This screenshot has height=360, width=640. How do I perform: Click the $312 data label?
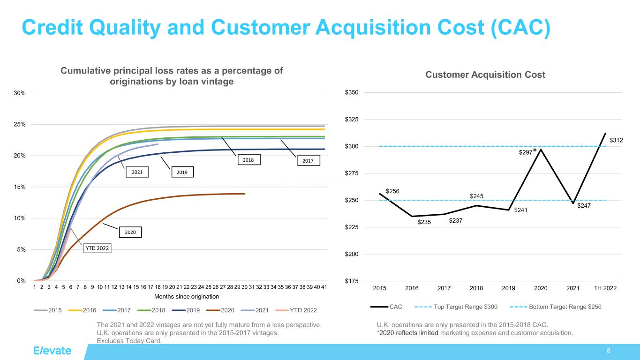pyautogui.click(x=616, y=140)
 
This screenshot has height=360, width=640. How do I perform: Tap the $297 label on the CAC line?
pyautogui.click(x=525, y=152)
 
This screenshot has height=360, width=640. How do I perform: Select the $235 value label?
pyautogui.click(x=424, y=223)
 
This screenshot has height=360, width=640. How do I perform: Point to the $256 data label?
pyautogui.click(x=392, y=191)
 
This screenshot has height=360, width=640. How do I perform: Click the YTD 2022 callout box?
pyautogui.click(x=98, y=249)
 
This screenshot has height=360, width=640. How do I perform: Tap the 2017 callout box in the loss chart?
pyautogui.click(x=308, y=161)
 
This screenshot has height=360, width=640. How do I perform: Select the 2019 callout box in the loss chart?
pyautogui.click(x=181, y=172)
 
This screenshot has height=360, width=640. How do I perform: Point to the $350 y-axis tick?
pyautogui.click(x=352, y=92)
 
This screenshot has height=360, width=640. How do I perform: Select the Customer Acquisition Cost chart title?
pyautogui.click(x=485, y=75)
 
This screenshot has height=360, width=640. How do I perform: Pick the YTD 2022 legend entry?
pyautogui.click(x=298, y=310)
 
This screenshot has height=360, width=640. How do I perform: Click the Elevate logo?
pyautogui.click(x=53, y=351)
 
